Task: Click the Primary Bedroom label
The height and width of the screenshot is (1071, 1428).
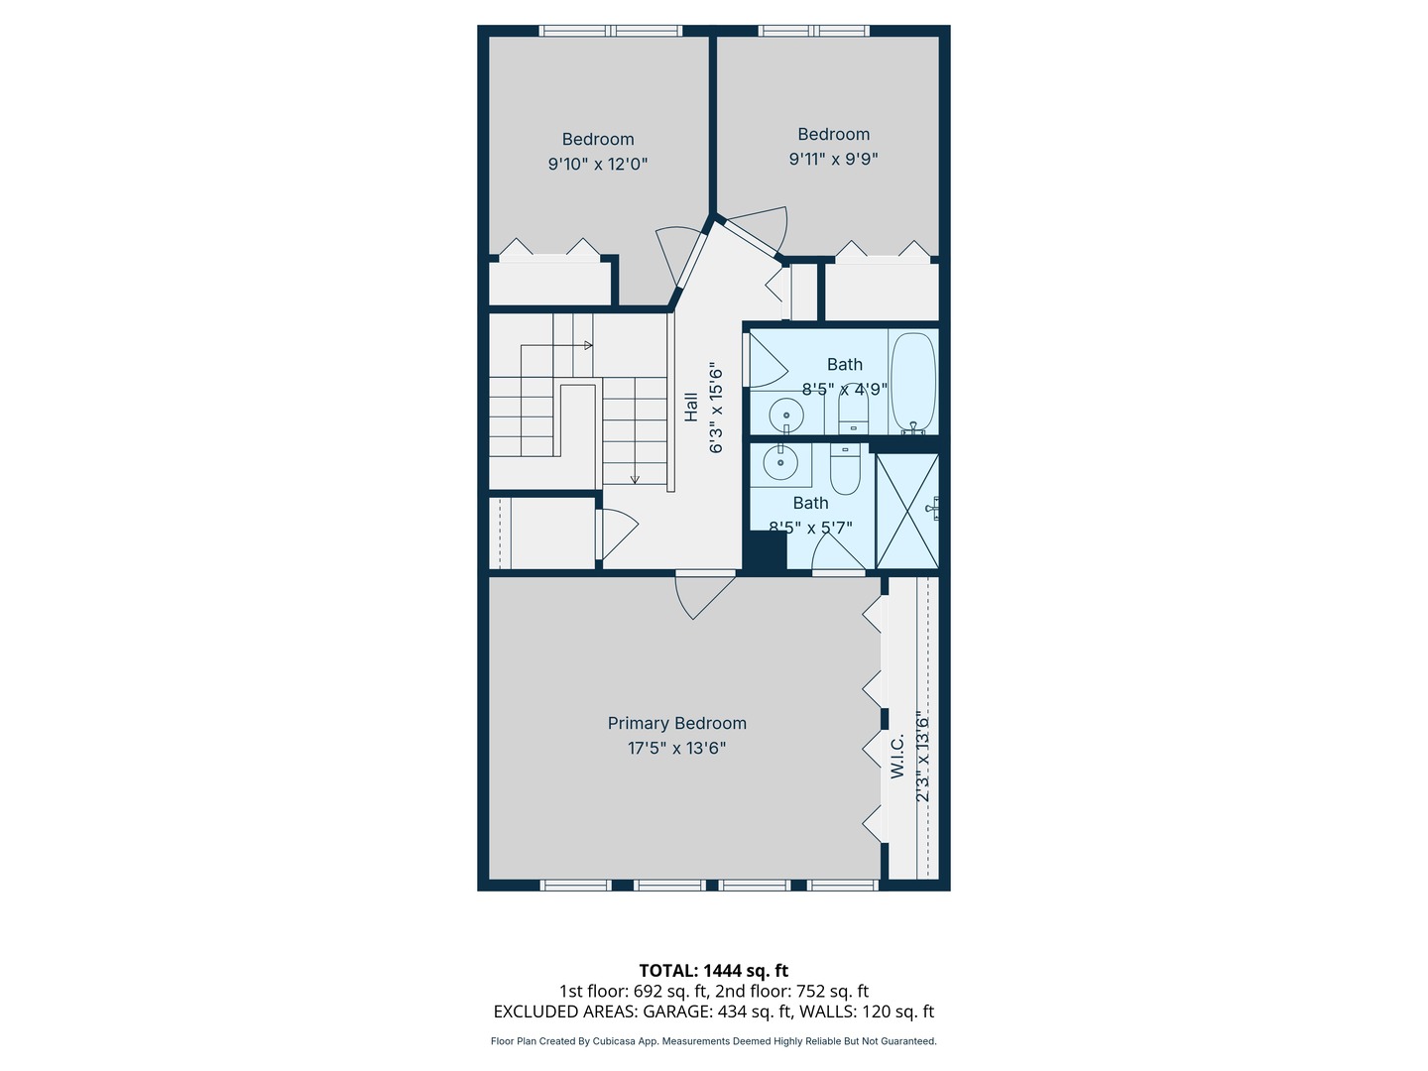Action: (676, 724)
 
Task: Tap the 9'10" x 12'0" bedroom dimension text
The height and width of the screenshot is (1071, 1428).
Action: (598, 164)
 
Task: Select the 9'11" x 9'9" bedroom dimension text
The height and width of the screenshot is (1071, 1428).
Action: (833, 159)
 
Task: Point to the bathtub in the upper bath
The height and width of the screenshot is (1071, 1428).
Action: (912, 384)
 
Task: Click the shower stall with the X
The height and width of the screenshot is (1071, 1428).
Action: (906, 512)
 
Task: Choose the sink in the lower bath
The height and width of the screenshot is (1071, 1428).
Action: (780, 462)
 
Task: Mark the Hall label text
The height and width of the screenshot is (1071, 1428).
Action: (690, 407)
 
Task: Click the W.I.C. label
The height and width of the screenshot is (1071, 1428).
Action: (897, 756)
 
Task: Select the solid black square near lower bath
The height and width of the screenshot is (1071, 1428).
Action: (766, 552)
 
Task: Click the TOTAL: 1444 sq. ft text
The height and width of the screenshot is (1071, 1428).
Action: (713, 971)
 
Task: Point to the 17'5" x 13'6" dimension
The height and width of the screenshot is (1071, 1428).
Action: (676, 748)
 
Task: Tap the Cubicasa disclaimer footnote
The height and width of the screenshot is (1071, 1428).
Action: (713, 1041)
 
